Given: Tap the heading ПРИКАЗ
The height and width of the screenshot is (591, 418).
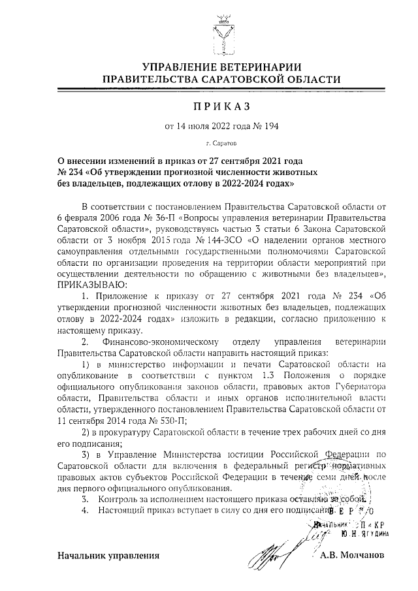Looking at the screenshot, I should [208, 106].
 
